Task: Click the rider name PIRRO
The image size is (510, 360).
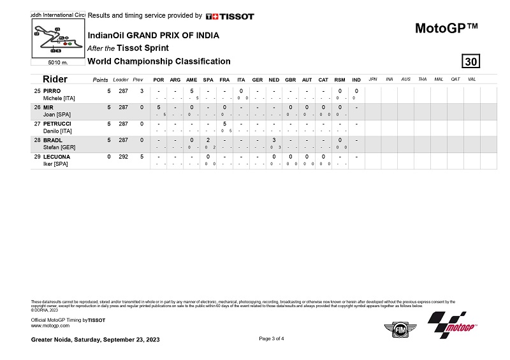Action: pos(52,91)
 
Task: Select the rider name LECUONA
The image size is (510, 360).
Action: pos(57,156)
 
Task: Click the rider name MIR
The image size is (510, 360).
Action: pos(48,108)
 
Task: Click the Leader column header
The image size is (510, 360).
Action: pos(120,80)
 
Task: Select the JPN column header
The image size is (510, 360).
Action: pos(373,79)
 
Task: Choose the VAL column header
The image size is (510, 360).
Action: pos(472,79)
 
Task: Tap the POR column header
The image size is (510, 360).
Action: pos(159,80)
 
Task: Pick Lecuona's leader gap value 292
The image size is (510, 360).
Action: pos(123,156)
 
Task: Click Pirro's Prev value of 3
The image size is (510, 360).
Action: pos(142,91)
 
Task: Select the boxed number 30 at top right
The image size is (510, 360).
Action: pos(470,61)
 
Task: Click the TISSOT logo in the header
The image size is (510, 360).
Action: pos(230,16)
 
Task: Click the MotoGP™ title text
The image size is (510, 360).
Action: pos(446,28)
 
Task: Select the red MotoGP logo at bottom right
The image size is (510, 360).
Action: pos(453,326)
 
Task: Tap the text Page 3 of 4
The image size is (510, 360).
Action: pos(272,338)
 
